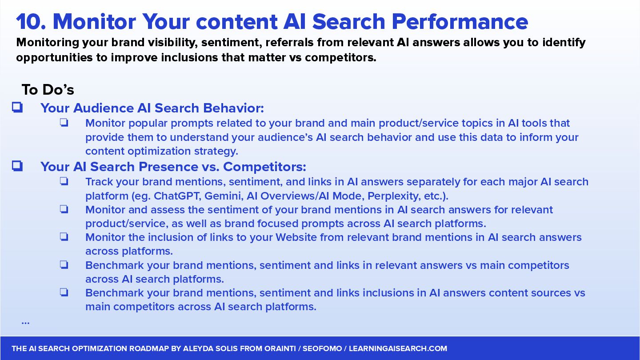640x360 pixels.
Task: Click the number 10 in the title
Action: (x=31, y=22)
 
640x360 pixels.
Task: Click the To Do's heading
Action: (x=48, y=89)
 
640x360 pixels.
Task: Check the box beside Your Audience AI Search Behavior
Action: (x=17, y=108)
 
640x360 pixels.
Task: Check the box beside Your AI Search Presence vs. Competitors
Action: (x=17, y=166)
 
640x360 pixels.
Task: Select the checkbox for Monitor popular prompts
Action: (x=64, y=123)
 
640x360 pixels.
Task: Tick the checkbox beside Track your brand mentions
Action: (x=64, y=181)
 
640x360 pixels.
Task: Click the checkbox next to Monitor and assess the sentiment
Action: (x=64, y=209)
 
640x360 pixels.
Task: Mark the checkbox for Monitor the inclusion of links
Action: (x=64, y=237)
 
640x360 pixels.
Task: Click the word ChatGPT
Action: (x=177, y=196)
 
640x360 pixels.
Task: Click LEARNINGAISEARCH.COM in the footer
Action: (x=398, y=348)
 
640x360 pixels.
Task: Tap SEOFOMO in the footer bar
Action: (x=322, y=348)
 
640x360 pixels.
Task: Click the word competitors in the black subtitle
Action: (x=340, y=58)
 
